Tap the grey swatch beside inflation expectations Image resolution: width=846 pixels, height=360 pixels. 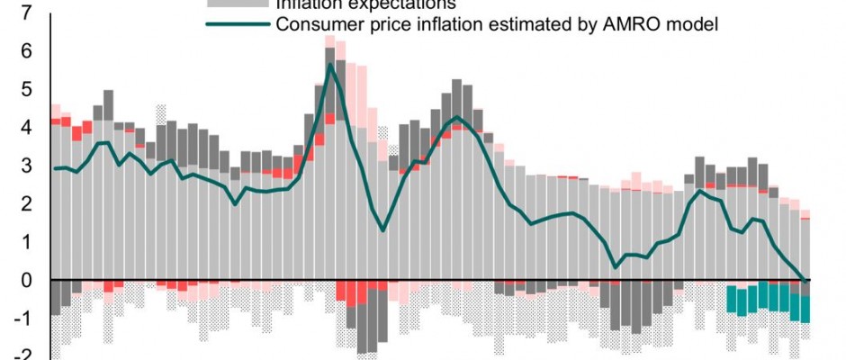pyautogui.click(x=231, y=4)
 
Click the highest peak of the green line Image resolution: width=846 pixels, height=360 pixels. pyautogui.click(x=330, y=64)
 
